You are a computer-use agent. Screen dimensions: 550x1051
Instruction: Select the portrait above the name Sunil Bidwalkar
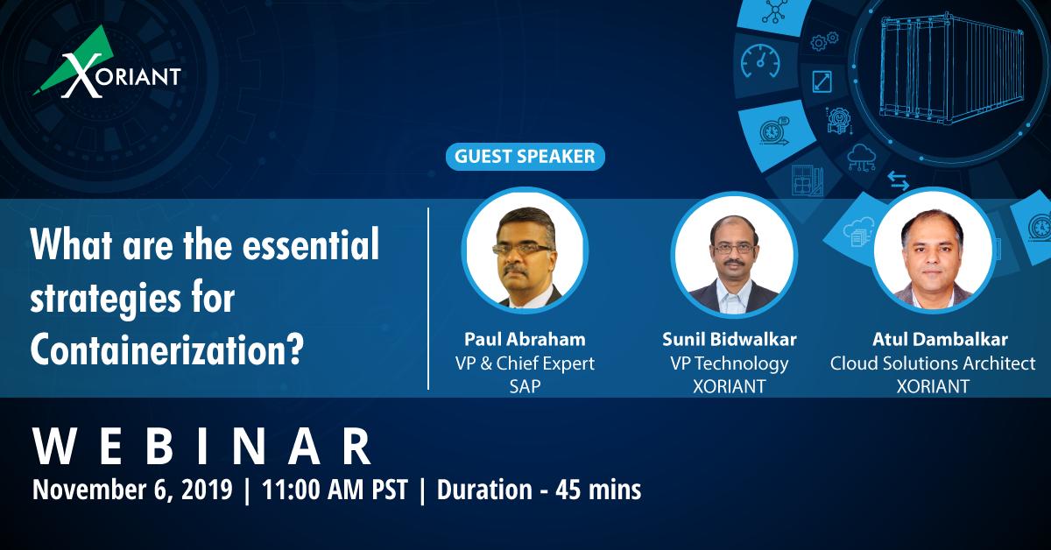pos(734,255)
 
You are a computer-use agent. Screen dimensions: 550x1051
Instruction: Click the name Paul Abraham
pos(524,339)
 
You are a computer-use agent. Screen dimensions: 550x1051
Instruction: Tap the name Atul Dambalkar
pos(933,339)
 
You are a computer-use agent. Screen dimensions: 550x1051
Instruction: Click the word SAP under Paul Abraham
pos(524,386)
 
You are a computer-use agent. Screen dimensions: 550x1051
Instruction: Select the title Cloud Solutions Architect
pos(933,363)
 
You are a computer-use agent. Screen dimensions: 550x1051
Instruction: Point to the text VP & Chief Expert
pos(524,363)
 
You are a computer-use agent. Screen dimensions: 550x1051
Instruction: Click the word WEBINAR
pos(201,448)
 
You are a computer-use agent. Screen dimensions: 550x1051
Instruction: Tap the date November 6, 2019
pos(131,489)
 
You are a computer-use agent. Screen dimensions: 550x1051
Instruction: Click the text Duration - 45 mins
pos(538,489)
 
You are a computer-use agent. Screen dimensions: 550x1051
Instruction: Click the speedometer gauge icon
pos(758,62)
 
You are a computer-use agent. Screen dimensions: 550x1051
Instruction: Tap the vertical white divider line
pos(428,298)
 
